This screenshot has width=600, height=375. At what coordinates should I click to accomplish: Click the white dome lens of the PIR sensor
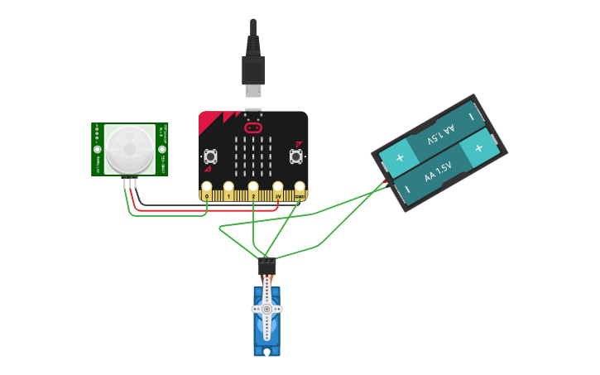pos(131,149)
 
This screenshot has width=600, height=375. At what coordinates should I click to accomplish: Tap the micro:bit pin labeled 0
pos(207,189)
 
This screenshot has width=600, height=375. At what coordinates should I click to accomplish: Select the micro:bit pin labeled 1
pos(229,189)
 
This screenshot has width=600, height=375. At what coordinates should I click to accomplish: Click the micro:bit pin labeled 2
pos(253,189)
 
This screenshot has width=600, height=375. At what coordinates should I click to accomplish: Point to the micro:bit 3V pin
pos(278,189)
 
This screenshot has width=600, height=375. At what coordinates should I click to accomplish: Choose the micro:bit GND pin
pos(300,189)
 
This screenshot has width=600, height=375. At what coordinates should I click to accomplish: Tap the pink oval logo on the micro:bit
pos(253,127)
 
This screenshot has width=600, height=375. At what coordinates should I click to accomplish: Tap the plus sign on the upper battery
pos(400,158)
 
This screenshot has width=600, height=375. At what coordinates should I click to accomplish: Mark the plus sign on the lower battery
pos(478,147)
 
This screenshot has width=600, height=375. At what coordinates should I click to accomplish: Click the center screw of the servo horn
pos(266,309)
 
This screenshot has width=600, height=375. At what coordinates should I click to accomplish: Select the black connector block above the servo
pos(266,267)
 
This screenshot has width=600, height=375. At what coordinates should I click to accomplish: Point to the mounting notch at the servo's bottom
pos(266,352)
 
